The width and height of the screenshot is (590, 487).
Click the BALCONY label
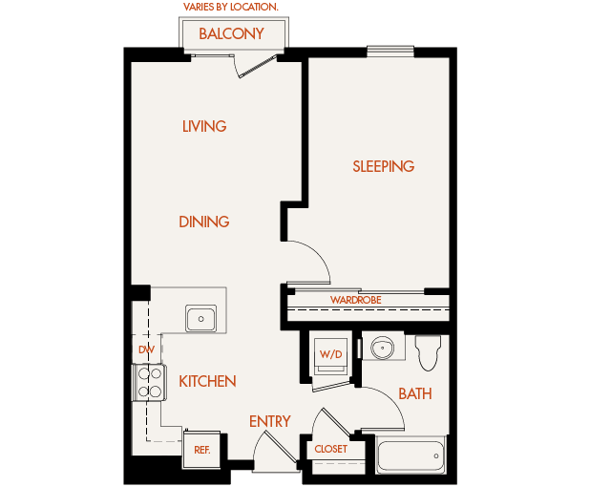pyautogui.click(x=231, y=34)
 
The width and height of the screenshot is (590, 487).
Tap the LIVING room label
pyautogui.click(x=204, y=126)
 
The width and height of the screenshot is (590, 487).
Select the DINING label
pyautogui.click(x=204, y=222)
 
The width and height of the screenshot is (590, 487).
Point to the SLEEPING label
pyautogui.click(x=384, y=166)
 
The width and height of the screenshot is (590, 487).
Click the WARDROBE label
pyautogui.click(x=356, y=300)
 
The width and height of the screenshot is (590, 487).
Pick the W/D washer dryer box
pyautogui.click(x=330, y=356)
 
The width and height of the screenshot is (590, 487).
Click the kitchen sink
pyautogui.click(x=201, y=318)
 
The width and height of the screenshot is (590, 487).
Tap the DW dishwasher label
pyautogui.click(x=146, y=349)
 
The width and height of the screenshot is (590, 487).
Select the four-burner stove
pyautogui.click(x=149, y=382)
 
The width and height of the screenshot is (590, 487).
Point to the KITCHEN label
pyautogui.click(x=207, y=382)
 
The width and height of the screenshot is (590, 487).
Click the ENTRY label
pyautogui.click(x=269, y=421)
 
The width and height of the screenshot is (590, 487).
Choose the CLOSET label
pyautogui.click(x=330, y=449)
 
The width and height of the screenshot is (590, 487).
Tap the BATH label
pyautogui.click(x=414, y=393)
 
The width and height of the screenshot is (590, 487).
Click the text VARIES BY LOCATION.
pyautogui.click(x=231, y=8)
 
